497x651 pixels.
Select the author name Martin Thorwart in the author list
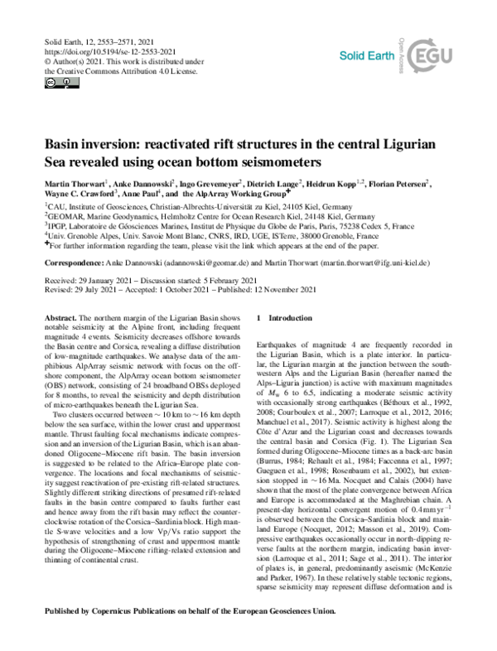tap(70, 181)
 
